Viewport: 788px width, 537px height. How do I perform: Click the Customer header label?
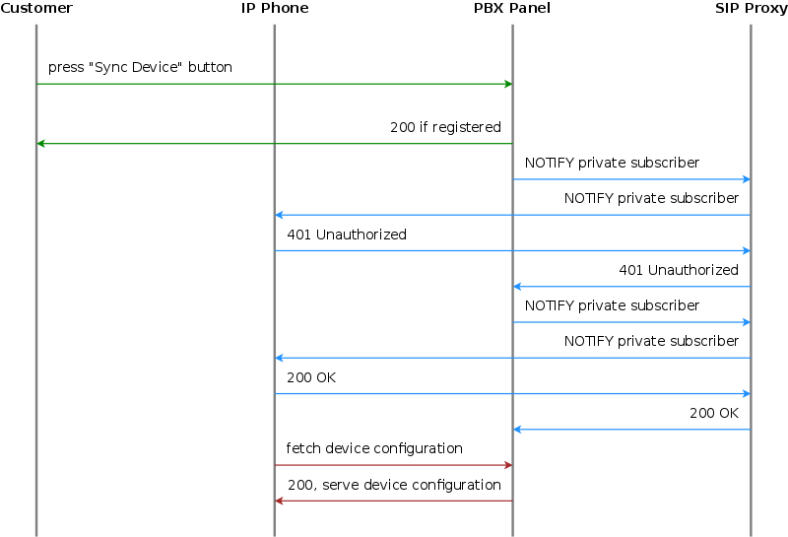[36, 9]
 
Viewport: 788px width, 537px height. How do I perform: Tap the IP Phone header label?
[275, 9]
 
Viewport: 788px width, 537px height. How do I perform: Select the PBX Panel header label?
[512, 9]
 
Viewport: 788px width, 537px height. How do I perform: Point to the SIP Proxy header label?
[752, 9]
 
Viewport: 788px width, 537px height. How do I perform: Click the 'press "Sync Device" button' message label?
[140, 68]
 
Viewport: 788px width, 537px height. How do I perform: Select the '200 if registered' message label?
[445, 127]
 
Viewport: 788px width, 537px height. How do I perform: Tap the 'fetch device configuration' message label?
[374, 448]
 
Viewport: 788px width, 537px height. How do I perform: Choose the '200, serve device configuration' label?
[394, 485]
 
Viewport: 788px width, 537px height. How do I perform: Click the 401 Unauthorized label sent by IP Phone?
[347, 235]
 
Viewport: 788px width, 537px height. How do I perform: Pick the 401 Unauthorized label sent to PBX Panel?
[679, 270]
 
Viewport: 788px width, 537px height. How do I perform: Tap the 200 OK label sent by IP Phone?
[311, 377]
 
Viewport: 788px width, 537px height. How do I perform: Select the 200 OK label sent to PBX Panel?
[714, 413]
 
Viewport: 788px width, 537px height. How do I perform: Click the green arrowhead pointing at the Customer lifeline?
[41, 144]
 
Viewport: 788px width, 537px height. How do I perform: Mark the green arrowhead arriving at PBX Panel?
[507, 84]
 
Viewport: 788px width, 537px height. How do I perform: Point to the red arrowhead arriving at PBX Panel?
[507, 465]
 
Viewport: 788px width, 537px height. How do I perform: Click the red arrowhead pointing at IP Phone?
[280, 501]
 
